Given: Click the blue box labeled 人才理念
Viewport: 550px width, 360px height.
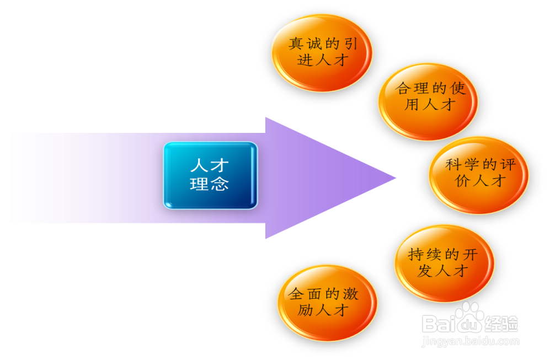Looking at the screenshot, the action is [x=210, y=175].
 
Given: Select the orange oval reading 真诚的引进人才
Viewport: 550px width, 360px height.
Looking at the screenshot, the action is [x=322, y=52].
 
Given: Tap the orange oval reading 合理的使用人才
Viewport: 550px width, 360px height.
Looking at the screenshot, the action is [x=428, y=101].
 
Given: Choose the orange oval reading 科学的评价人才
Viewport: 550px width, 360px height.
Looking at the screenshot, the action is [x=478, y=175].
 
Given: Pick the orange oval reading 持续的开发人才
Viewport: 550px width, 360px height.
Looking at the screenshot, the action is [x=444, y=263].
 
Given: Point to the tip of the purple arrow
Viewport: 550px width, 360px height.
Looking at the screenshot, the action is [x=395, y=178].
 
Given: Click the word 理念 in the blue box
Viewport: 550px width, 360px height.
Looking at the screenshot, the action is [x=209, y=184].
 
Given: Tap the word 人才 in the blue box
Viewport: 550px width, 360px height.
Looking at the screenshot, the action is [x=209, y=165].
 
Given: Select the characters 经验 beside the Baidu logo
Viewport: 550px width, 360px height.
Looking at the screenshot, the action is [x=501, y=323].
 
